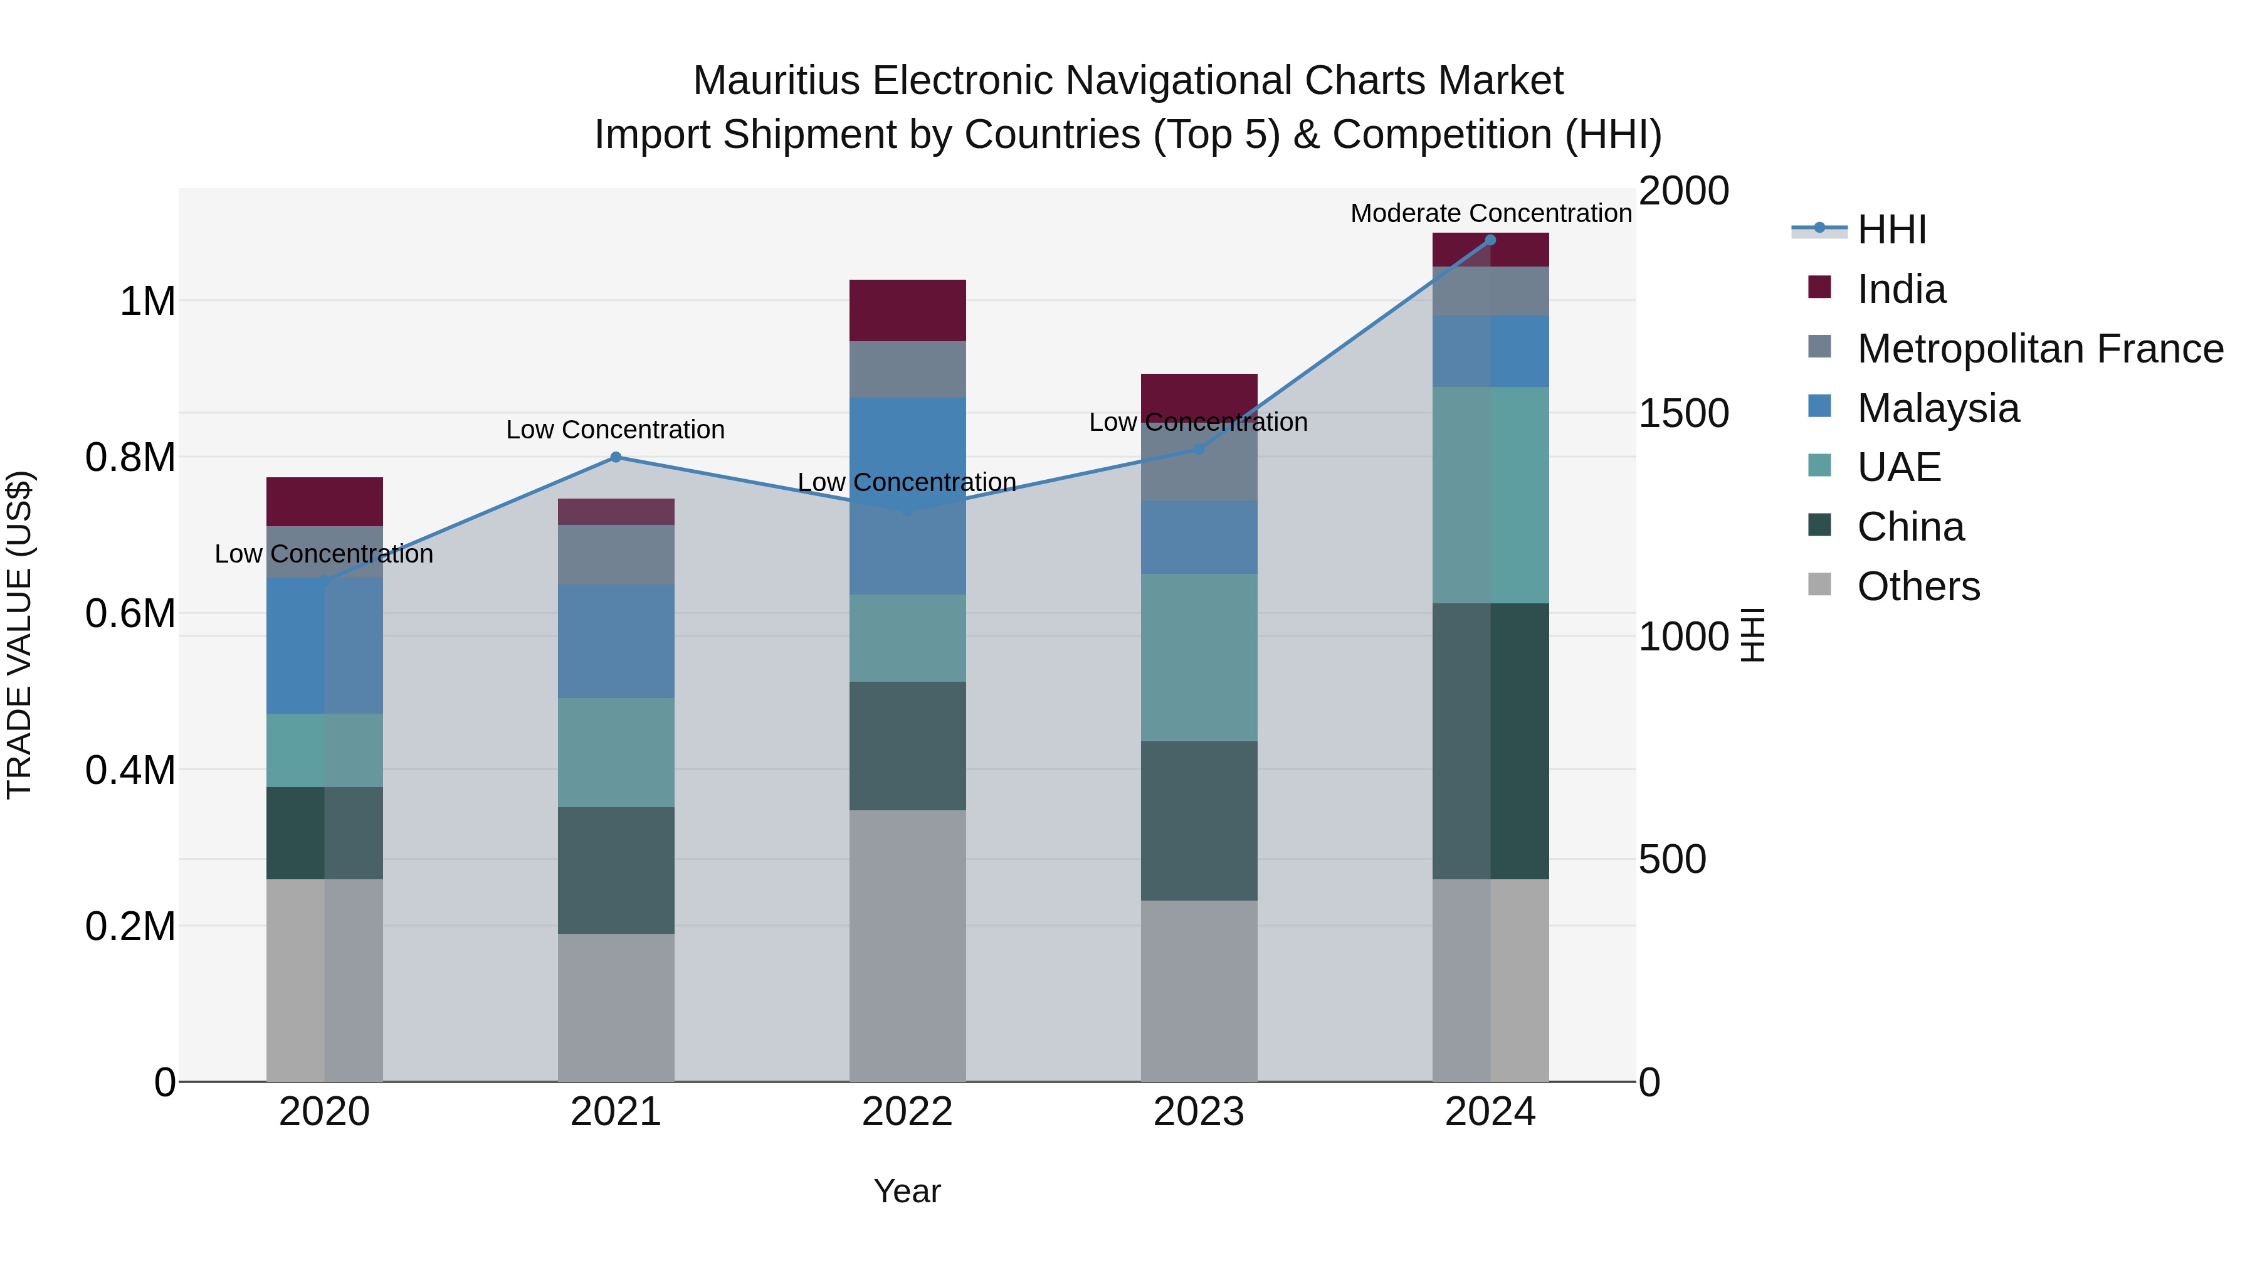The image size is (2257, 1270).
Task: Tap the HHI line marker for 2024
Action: [x=1490, y=240]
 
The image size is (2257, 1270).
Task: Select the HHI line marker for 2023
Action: [x=1199, y=450]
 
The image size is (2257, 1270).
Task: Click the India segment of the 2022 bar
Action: [x=908, y=310]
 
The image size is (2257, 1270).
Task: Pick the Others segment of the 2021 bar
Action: [x=616, y=1007]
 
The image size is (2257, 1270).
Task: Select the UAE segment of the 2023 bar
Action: [x=1199, y=657]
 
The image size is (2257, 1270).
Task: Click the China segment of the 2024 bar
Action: [x=1490, y=741]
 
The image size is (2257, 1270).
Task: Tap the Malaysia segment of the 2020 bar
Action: [x=324, y=645]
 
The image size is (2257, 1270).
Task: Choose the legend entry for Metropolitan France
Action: [x=2039, y=349]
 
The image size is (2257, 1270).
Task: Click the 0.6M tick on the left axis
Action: [x=130, y=613]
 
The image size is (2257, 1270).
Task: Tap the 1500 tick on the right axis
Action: [x=1683, y=414]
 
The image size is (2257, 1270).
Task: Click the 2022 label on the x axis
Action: [x=908, y=1112]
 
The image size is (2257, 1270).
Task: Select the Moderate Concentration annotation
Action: [x=1490, y=213]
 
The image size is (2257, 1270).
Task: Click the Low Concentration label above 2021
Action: [x=616, y=430]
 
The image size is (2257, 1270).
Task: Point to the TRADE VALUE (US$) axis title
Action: [x=19, y=635]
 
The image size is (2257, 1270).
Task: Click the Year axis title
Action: [x=908, y=1191]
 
